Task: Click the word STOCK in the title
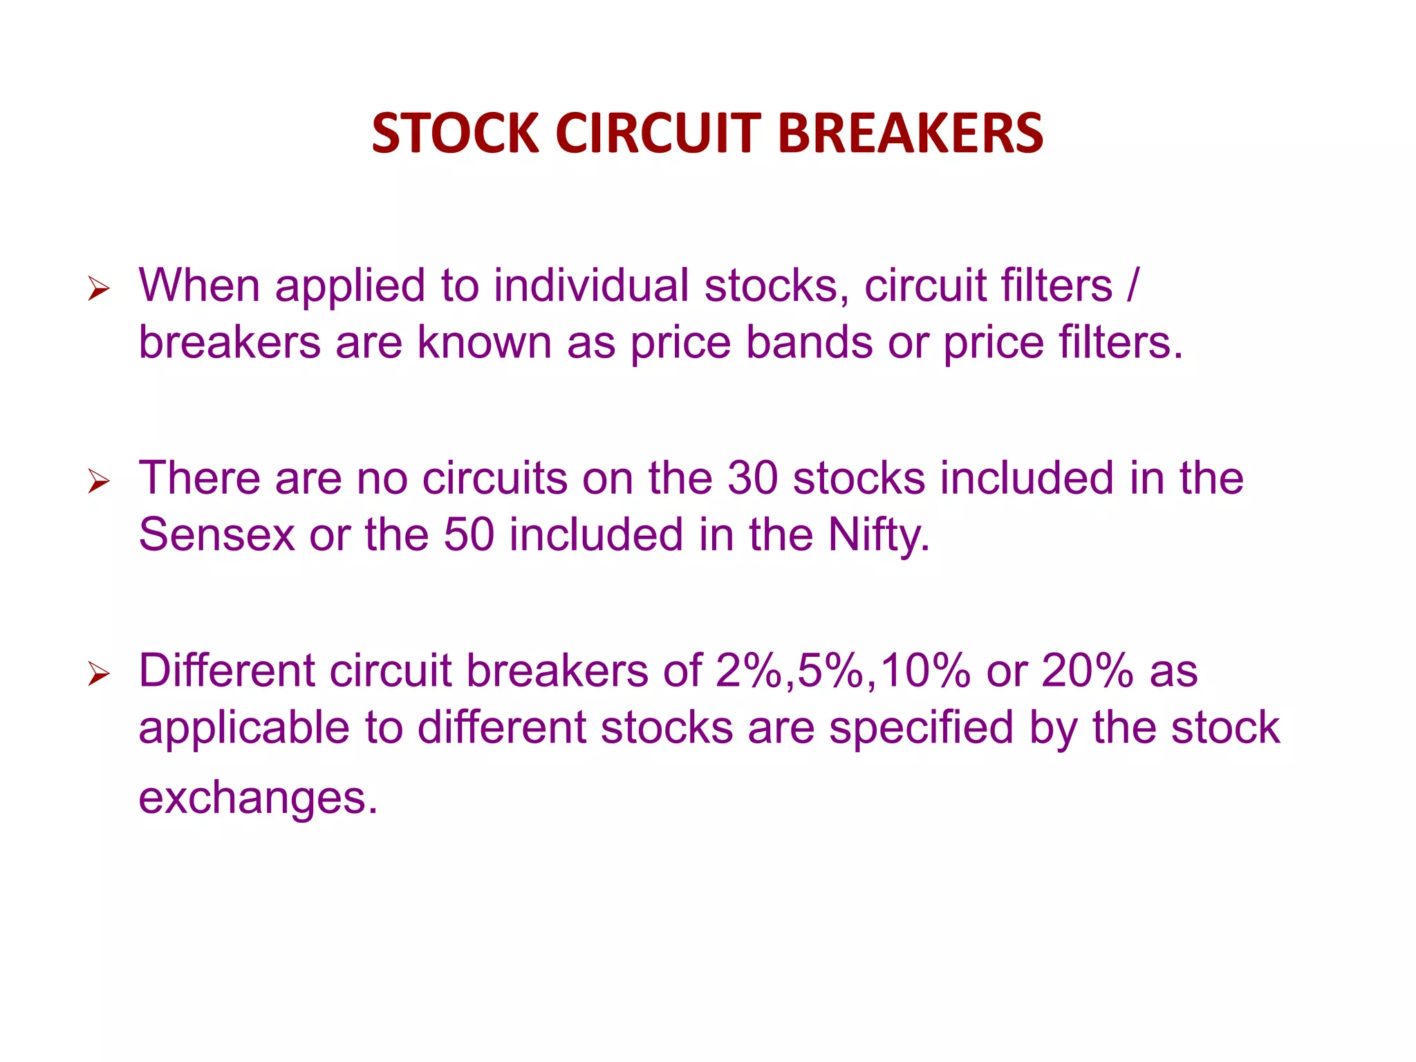click(x=455, y=133)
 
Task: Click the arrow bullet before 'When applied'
click(x=99, y=289)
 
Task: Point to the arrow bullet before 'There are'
click(x=99, y=481)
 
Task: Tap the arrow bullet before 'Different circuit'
click(x=99, y=673)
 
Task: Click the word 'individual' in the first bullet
click(x=591, y=285)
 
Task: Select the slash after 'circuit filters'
click(x=1131, y=285)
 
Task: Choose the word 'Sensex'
click(x=216, y=534)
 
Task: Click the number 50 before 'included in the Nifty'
click(x=469, y=534)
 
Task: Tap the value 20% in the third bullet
click(x=1087, y=671)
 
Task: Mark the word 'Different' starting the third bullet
click(x=227, y=671)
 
